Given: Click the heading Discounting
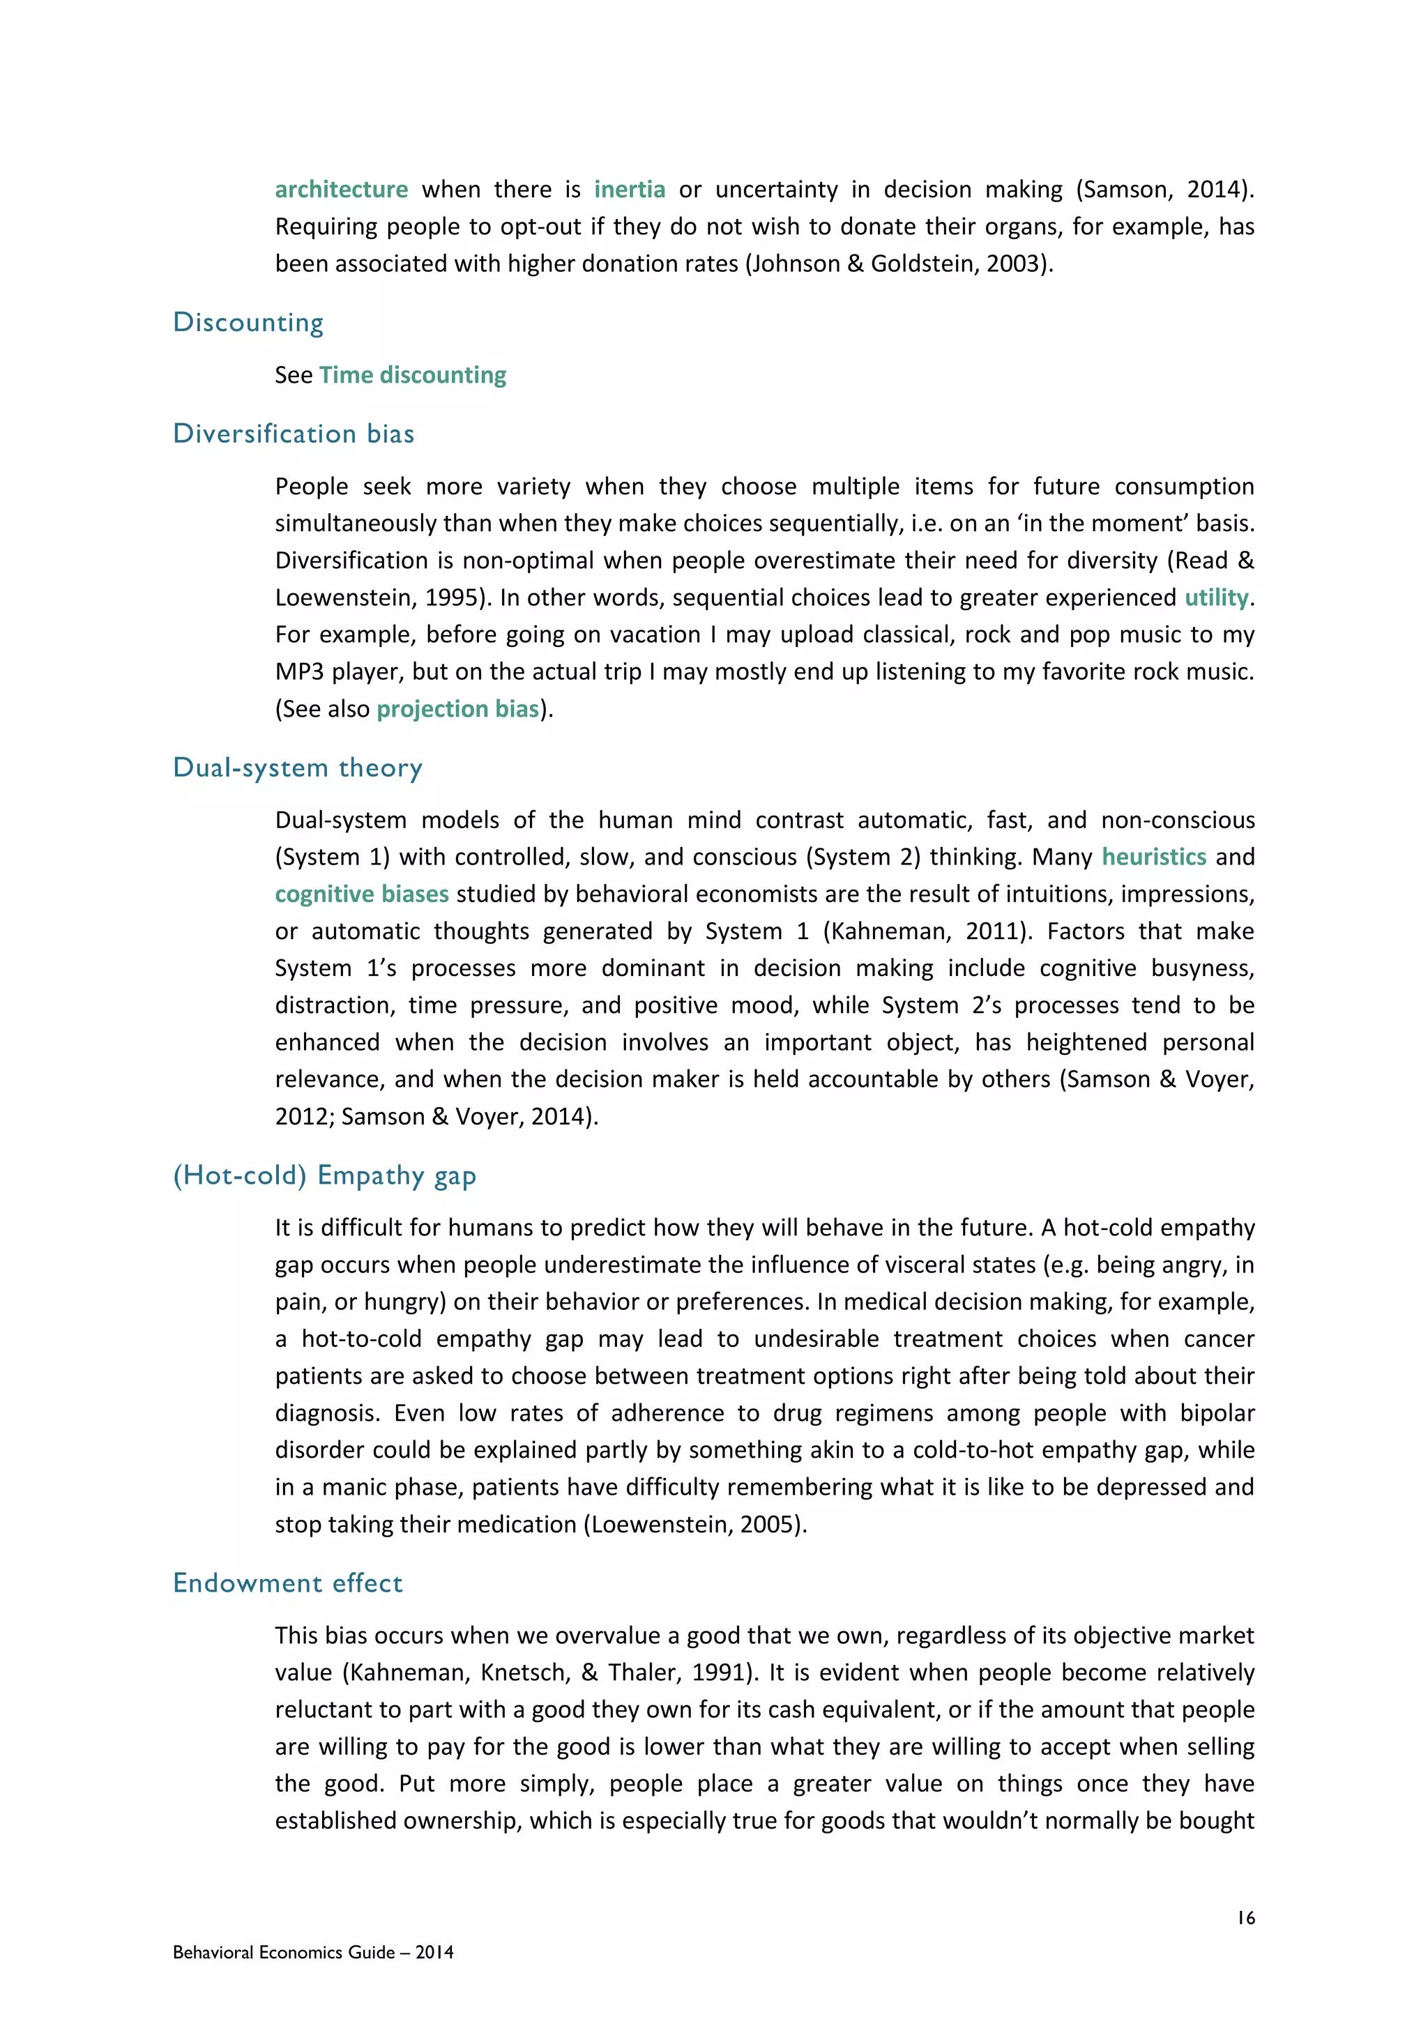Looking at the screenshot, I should click(248, 323).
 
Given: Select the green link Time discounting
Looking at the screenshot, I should click(412, 376).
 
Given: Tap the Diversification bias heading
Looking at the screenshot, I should click(293, 434).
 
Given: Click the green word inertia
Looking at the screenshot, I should click(630, 190).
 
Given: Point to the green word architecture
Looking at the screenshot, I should click(341, 190).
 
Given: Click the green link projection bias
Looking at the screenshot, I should click(457, 709).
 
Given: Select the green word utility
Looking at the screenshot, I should click(1216, 598).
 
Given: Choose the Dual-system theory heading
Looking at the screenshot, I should click(297, 768).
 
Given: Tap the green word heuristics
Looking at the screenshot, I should click(1154, 857).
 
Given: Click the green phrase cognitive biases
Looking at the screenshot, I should click(361, 894).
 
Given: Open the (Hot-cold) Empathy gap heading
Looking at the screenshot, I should click(324, 1175).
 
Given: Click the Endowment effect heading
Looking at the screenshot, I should click(287, 1583).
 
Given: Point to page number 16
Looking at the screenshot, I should click(1246, 1918).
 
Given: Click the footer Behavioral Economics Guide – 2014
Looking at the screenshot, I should click(313, 1952).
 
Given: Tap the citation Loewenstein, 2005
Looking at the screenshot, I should click(694, 1524).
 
